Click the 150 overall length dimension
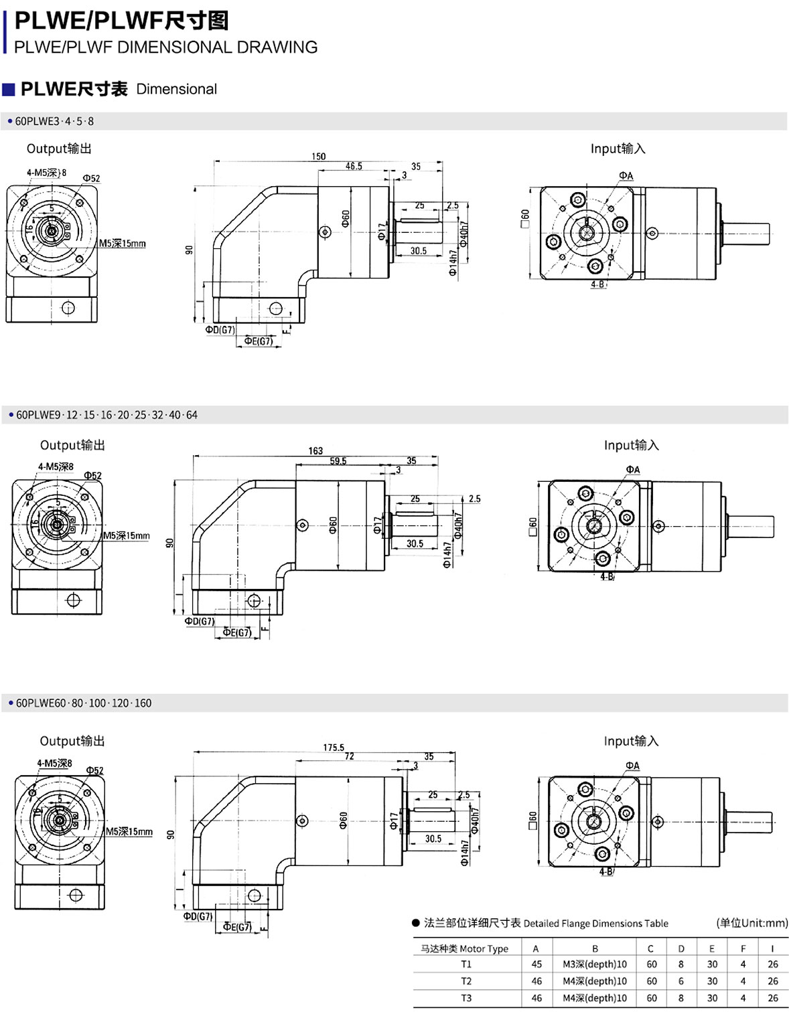(x=318, y=157)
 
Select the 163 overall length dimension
(x=315, y=451)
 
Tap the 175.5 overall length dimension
(x=334, y=748)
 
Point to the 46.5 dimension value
(x=354, y=166)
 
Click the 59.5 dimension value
(x=338, y=461)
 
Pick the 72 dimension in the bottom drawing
(x=349, y=756)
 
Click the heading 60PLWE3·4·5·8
(x=54, y=121)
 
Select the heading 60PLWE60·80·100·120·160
(x=84, y=703)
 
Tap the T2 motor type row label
(x=466, y=981)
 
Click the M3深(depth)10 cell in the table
(x=595, y=964)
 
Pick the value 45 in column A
(x=536, y=964)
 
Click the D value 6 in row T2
(x=681, y=981)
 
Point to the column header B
(x=595, y=948)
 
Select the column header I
(x=772, y=948)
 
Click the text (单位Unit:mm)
(x=751, y=923)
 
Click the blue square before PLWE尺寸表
(x=9, y=90)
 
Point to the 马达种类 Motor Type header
(x=464, y=948)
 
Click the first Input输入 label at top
(x=618, y=149)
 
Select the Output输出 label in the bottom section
(x=72, y=741)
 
